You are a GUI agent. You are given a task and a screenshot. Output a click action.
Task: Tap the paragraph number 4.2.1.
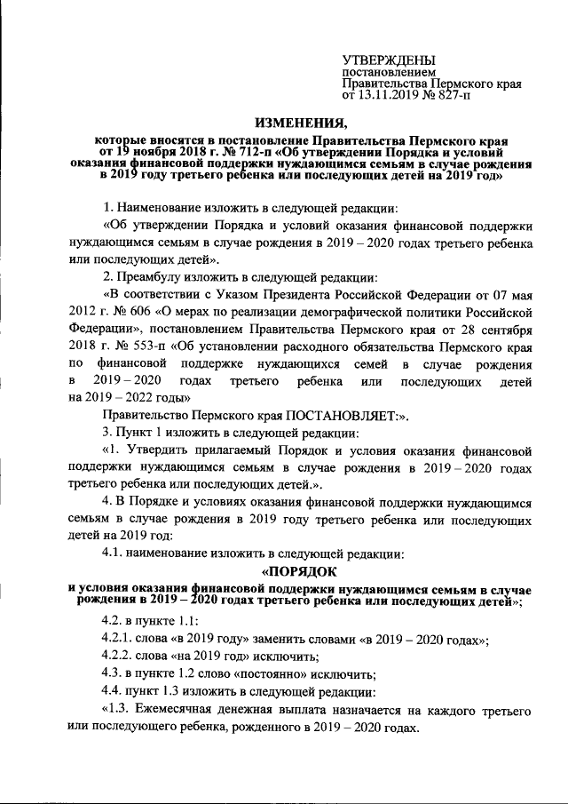pyautogui.click(x=118, y=641)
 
